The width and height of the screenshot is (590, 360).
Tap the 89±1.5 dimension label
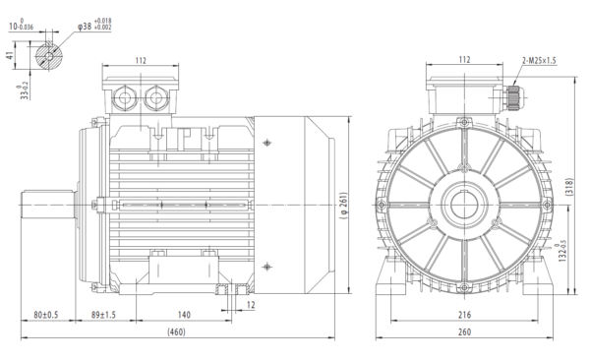[x=101, y=315]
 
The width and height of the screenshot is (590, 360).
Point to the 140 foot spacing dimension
[x=183, y=315]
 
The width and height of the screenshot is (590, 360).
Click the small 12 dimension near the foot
[x=251, y=305]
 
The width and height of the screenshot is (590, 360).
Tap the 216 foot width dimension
[x=462, y=315]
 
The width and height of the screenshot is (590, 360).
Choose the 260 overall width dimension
[x=462, y=334]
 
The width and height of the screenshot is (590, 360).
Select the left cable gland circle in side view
[x=126, y=98]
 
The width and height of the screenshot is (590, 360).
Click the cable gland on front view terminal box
[x=513, y=98]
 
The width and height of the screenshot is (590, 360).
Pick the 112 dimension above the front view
[x=462, y=61]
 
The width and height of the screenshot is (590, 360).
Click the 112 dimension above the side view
[x=140, y=61]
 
